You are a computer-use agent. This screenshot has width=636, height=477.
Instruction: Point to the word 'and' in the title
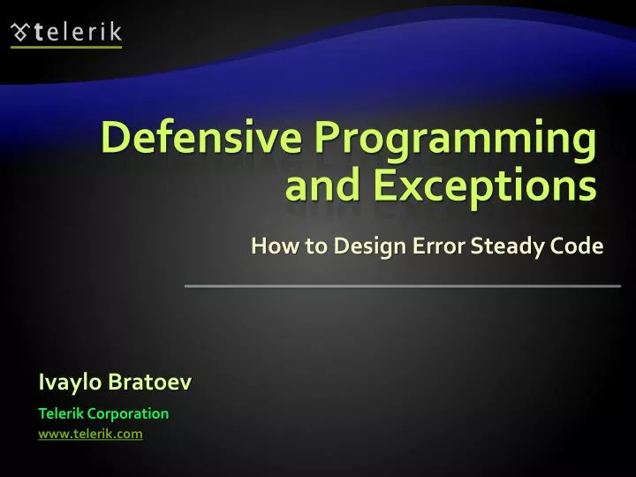click(319, 186)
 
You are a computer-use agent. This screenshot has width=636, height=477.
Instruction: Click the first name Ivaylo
click(69, 382)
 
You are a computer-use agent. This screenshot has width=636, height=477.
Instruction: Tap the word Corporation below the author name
click(126, 413)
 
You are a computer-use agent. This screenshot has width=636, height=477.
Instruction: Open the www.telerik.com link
click(90, 434)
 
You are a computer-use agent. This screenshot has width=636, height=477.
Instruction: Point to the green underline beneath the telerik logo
click(66, 47)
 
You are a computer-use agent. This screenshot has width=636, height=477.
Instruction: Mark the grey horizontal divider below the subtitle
click(402, 286)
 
